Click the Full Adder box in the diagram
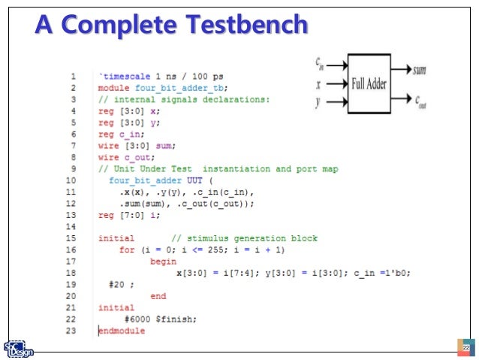pyautogui.click(x=368, y=83)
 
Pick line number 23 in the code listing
pyautogui.click(x=72, y=330)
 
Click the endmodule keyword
pyautogui.click(x=122, y=330)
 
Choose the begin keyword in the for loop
pyautogui.click(x=163, y=261)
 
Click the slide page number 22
pyautogui.click(x=465, y=348)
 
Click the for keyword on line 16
pyautogui.click(x=127, y=249)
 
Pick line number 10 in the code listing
pyautogui.click(x=72, y=180)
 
